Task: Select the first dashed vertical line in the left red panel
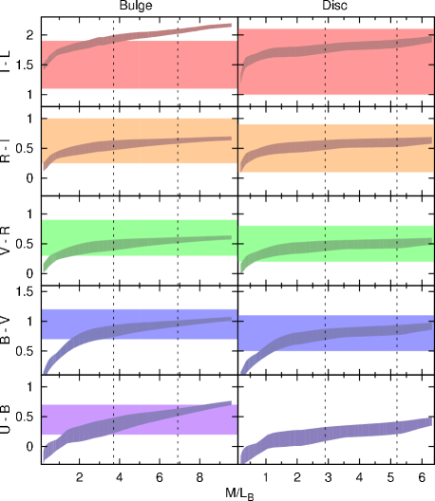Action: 114,71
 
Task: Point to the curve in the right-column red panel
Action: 332,47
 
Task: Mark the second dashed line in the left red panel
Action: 178,71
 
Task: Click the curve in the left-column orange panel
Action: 142,143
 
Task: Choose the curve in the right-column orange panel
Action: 332,145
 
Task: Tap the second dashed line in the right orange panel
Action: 397,159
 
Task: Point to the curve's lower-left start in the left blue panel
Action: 46,369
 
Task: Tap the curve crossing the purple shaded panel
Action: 142,420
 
